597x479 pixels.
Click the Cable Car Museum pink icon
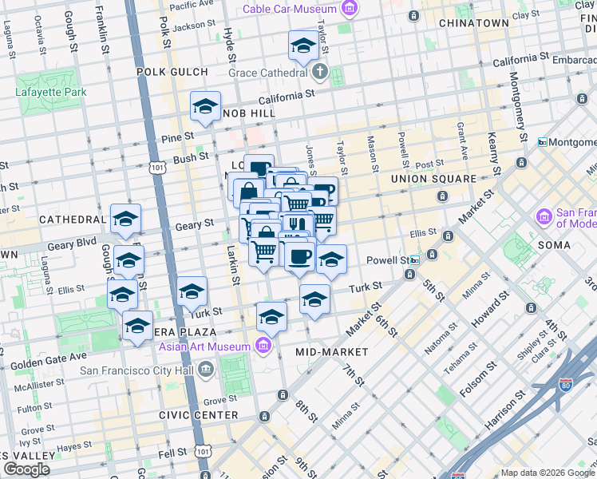point(349,9)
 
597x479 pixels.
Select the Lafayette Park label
point(51,92)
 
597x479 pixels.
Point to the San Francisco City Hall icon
point(206,369)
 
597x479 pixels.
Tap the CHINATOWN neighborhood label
point(474,23)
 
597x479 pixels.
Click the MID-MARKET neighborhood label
point(331,352)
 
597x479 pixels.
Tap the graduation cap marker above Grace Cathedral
point(303,48)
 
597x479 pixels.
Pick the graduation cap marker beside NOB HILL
point(205,106)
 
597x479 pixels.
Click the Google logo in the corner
point(26,469)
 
